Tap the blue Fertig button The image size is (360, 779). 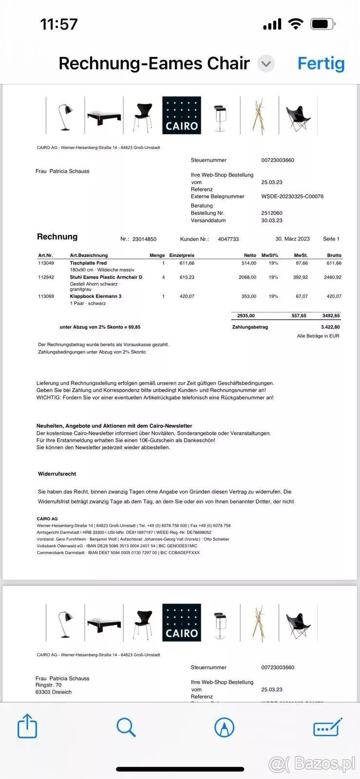pos(321,63)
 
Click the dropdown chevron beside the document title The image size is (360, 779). pos(266,63)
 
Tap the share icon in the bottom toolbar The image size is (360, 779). pos(27,727)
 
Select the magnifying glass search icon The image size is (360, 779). pos(126,727)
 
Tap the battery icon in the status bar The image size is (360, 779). pos(322,24)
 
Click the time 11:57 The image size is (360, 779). pos(59,24)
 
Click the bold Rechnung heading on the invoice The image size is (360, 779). pos(57,237)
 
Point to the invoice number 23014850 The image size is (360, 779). pos(144,239)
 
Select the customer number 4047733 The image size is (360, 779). pos(228,239)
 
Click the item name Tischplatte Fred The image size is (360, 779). pos(88,263)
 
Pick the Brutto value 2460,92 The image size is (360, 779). pos(332,277)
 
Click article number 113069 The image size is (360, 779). pos(46,296)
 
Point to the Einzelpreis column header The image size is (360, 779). pos(182,255)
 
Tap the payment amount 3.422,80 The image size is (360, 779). pos(330,327)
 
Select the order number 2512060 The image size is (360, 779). pos(272,213)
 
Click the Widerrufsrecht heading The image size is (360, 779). pos(57,474)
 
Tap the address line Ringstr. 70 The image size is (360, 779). pos(49,685)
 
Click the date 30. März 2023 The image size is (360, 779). pos(292,239)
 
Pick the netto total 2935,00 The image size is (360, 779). pos(246,315)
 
